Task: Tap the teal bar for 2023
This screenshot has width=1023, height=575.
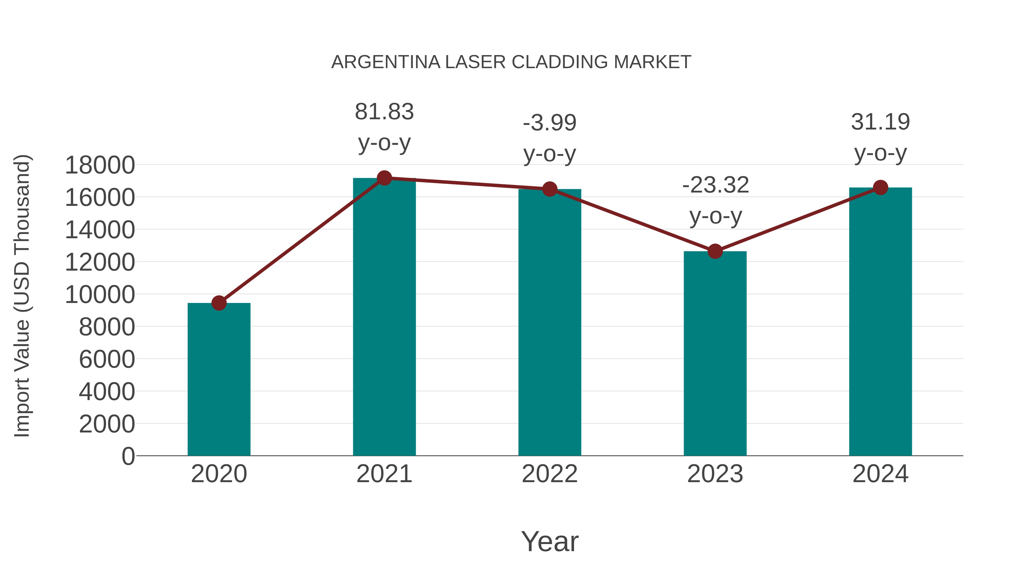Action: coord(715,353)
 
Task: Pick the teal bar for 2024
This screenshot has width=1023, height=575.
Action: coord(880,321)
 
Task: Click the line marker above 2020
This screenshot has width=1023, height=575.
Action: coord(219,303)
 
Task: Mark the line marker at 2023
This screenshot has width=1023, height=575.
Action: coord(715,251)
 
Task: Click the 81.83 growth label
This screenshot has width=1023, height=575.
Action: coord(384,112)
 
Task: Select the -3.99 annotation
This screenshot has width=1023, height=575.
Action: coord(550,123)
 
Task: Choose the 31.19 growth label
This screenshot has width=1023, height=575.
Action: coord(880,122)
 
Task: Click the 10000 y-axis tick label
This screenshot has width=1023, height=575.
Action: coord(100,295)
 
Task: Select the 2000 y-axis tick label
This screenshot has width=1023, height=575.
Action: coord(107,424)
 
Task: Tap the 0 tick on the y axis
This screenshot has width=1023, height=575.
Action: coord(128,456)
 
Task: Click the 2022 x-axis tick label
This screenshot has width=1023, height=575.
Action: coord(550,474)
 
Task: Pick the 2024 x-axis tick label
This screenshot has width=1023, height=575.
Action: coord(880,474)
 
